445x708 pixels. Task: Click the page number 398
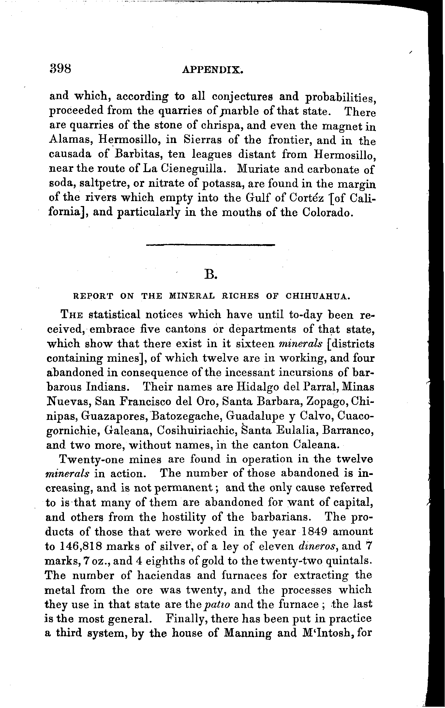(x=61, y=69)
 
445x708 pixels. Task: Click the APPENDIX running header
(x=213, y=70)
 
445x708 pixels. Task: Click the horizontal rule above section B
(x=211, y=244)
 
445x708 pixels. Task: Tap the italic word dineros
(x=318, y=546)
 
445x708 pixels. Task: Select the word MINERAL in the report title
(x=192, y=296)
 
